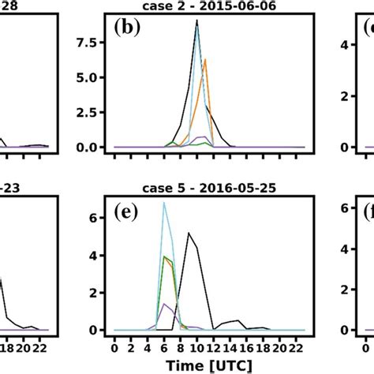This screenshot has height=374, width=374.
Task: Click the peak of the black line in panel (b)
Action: (x=196, y=21)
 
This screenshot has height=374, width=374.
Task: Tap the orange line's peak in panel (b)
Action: (x=205, y=59)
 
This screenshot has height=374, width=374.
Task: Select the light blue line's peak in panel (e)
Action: (x=163, y=203)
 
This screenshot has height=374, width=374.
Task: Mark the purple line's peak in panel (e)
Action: (x=163, y=304)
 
